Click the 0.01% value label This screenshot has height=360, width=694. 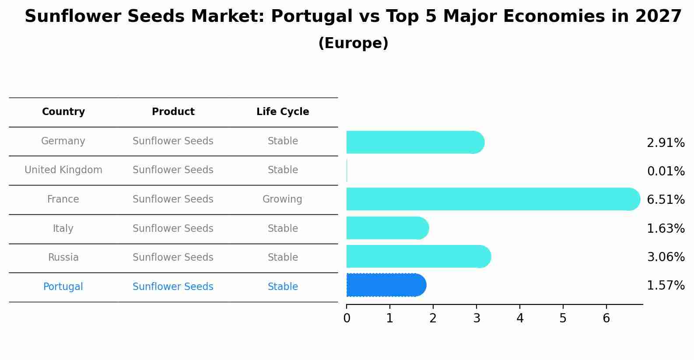pyautogui.click(x=666, y=171)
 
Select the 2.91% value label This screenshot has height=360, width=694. pyautogui.click(x=666, y=143)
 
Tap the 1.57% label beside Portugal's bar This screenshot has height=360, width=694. pyautogui.click(x=666, y=286)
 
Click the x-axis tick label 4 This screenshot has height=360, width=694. pyautogui.click(x=520, y=318)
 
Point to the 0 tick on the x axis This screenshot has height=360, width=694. pyautogui.click(x=347, y=318)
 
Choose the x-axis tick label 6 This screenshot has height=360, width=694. pyautogui.click(x=606, y=318)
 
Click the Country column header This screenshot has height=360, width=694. pyautogui.click(x=63, y=112)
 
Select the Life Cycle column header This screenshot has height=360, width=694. pyautogui.click(x=283, y=112)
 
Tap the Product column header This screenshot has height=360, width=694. pyautogui.click(x=173, y=112)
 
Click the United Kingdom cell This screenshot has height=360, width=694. pyautogui.click(x=63, y=170)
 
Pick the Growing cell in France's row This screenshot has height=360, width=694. pyautogui.click(x=282, y=199)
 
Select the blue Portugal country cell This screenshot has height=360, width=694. pyautogui.click(x=63, y=287)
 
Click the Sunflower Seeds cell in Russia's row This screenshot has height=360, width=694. pyautogui.click(x=173, y=258)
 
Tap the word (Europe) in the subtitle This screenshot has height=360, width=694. pyautogui.click(x=353, y=43)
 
